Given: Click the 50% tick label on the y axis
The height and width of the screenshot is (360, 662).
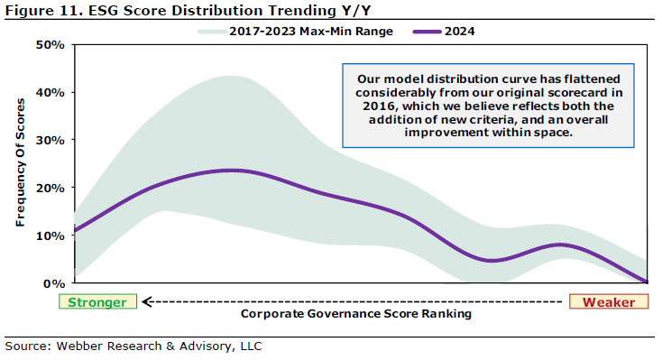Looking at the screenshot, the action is (51, 45).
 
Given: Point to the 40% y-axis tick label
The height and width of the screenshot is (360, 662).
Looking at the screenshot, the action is (51, 93).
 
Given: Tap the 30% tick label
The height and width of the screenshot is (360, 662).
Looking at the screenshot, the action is (51, 140).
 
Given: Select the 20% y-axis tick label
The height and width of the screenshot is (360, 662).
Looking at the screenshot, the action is (51, 188).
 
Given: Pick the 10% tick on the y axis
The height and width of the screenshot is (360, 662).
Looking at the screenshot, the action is (51, 235).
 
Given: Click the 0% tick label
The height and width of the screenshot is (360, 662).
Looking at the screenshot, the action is (54, 283).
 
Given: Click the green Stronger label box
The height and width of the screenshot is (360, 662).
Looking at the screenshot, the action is (97, 301).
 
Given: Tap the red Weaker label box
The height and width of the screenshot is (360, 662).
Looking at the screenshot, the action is (609, 301).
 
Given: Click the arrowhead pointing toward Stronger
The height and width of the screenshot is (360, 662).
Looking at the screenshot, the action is (146, 301).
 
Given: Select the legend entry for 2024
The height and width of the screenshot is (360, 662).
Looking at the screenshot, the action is (444, 32).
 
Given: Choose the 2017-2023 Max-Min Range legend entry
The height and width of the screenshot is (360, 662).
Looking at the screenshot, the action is (296, 32).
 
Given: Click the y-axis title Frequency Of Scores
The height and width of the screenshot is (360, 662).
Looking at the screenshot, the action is (20, 162).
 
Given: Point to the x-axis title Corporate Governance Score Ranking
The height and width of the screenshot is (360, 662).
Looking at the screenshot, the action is (356, 314).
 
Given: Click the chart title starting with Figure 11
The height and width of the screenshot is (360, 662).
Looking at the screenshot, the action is (188, 10).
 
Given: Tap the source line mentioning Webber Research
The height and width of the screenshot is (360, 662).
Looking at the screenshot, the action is (133, 346).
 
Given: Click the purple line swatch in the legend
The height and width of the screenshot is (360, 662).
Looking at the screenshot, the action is (428, 32).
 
